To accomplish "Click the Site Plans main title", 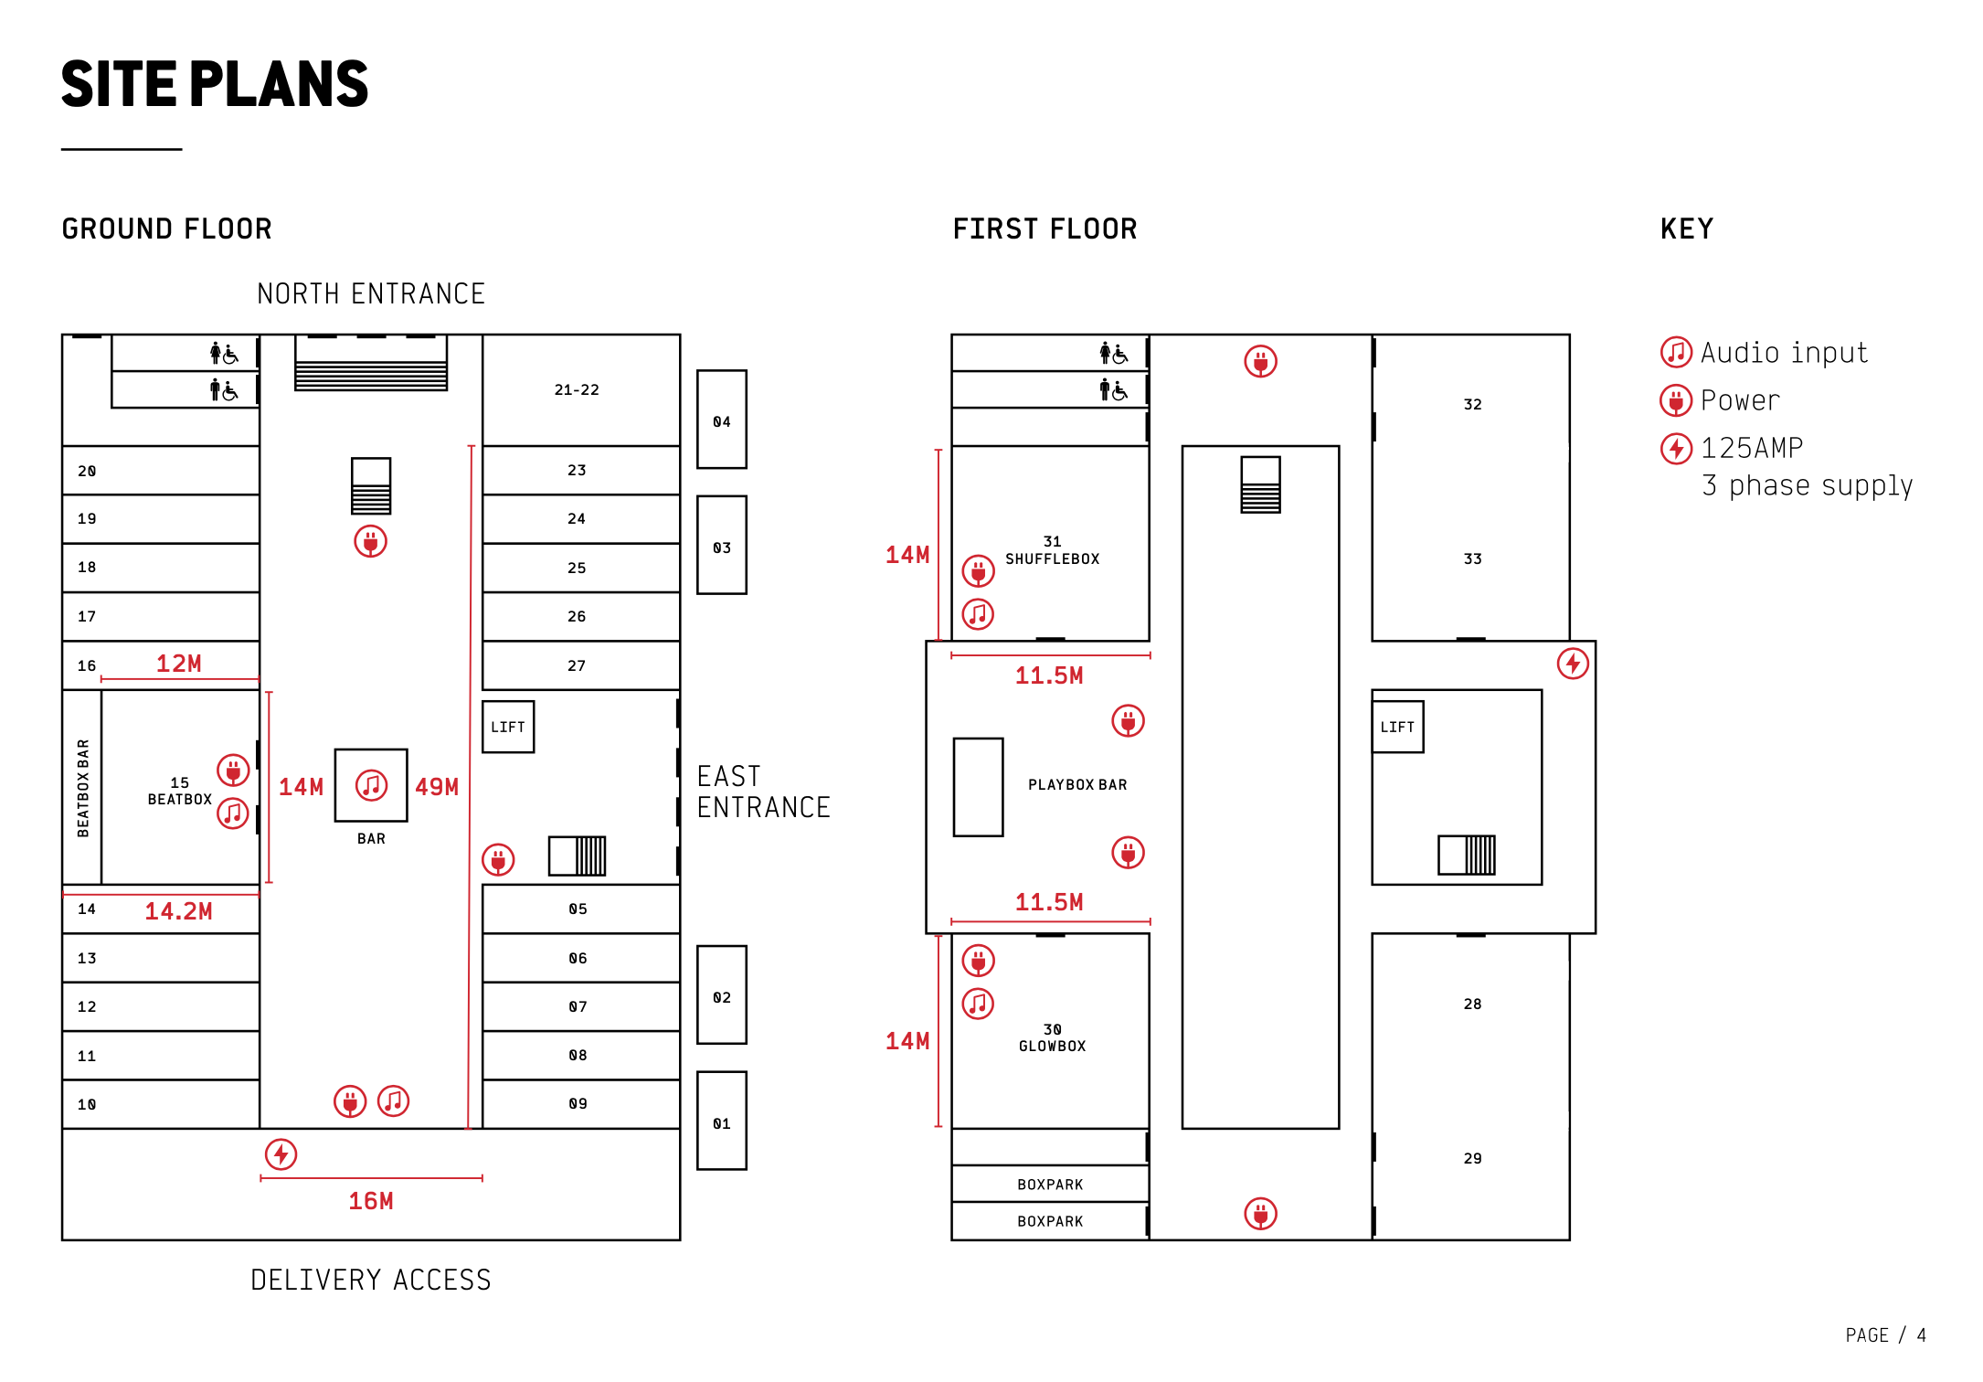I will coord(215,84).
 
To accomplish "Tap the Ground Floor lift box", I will coord(508,727).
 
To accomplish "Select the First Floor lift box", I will coord(1397,727).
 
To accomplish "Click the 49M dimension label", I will coord(437,787).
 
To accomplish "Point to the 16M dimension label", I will coord(371,1201).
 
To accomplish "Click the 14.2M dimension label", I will coord(178,911).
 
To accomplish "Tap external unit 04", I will coord(722,420).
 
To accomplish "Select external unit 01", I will coord(722,1122).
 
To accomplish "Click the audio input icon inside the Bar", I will coord(371,785).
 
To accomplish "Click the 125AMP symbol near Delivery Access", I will coord(281,1154).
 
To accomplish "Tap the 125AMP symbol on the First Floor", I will coord(1573,664).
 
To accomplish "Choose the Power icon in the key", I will coord(1676,400).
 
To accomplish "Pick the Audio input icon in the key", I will coord(1676,352).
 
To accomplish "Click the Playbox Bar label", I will coord(1077,785).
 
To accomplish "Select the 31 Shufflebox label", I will coord(1053,550).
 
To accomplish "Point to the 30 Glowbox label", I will coord(1053,1037).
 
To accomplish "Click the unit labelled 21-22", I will coord(577,389).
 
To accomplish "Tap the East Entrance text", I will coord(763,792).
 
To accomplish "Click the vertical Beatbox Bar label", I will coord(83,788).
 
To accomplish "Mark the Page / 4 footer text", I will coord(1885,1335).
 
